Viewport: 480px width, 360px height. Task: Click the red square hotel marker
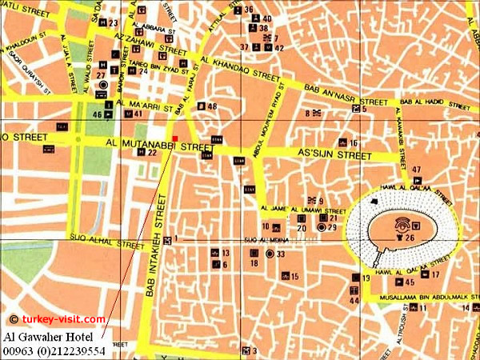174,138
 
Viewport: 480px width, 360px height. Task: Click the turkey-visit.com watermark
58,319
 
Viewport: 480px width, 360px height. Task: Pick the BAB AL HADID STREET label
425,102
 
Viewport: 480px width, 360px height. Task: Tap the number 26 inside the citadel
410,237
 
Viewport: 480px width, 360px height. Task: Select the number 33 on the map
281,254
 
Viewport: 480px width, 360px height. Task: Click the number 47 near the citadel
417,169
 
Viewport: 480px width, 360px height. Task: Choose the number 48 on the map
212,106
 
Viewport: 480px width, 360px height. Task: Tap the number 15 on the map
294,277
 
